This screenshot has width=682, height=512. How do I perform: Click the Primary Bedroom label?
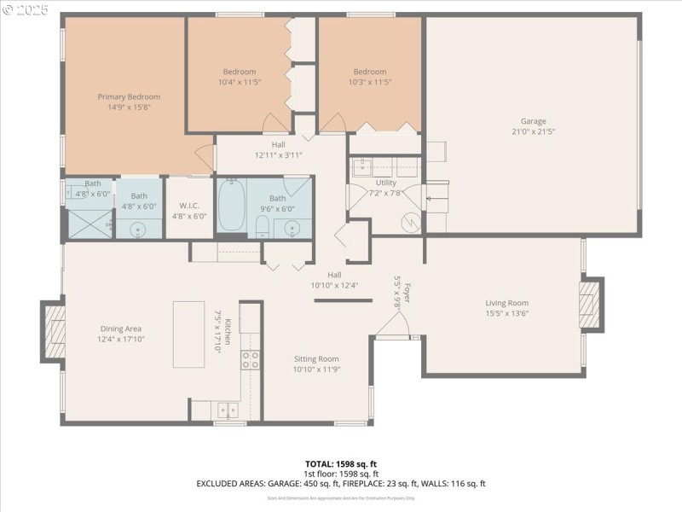[x=129, y=96]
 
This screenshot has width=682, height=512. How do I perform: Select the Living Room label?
[x=507, y=303]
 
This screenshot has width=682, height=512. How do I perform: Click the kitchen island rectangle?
[x=189, y=334]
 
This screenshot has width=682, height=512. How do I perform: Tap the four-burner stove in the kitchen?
[x=250, y=359]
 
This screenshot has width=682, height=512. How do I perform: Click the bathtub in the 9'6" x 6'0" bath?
[x=231, y=205]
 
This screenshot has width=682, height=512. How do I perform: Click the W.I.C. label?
[x=189, y=205]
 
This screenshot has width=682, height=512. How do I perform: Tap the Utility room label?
[x=386, y=183]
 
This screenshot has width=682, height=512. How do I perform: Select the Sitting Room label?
[x=316, y=359]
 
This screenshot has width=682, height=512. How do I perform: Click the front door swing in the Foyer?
[x=391, y=326]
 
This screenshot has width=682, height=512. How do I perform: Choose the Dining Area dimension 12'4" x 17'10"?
[x=120, y=340]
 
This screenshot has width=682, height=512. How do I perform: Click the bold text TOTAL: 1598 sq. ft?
[x=341, y=463]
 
